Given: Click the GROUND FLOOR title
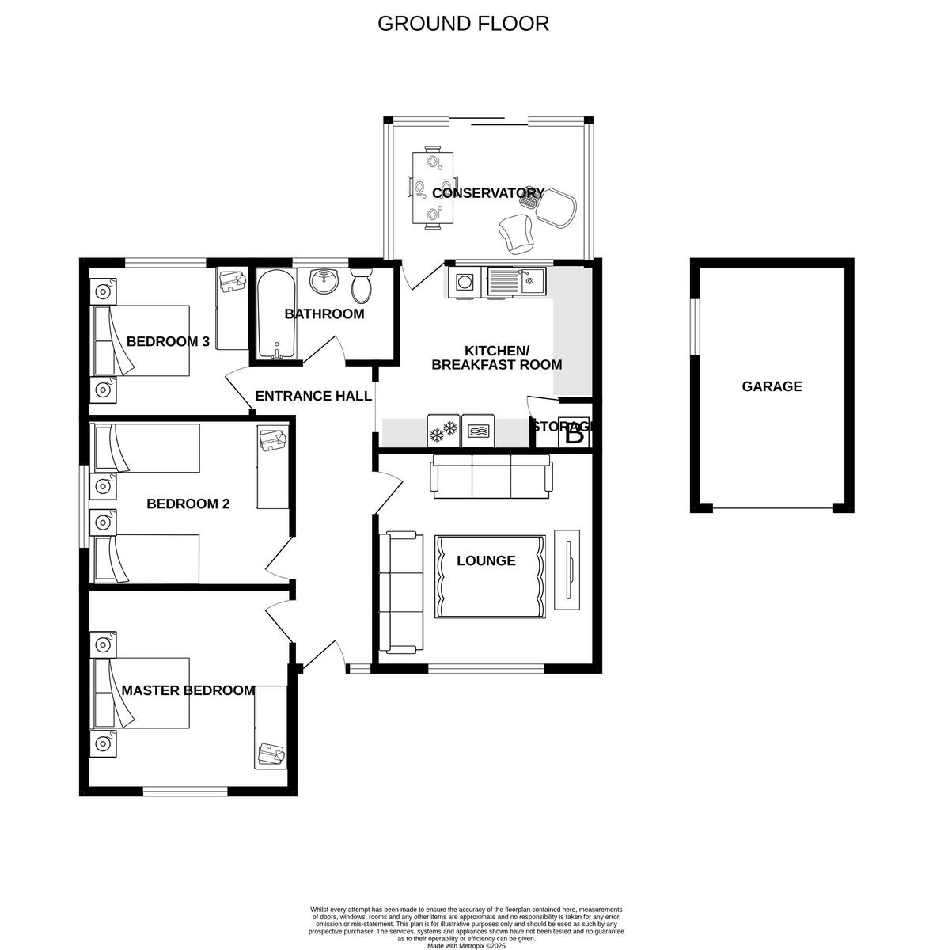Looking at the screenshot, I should [463, 23].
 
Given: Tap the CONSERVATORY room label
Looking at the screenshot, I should [487, 193].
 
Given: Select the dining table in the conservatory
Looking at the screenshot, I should [433, 188].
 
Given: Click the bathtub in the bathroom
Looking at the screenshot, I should [275, 315].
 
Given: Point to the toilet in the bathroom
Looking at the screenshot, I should [362, 284].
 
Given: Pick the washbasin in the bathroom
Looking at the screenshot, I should [323, 280].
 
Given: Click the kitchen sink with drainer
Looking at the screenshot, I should [515, 281].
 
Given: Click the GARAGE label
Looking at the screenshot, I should [772, 386].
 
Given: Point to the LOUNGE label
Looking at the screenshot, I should [486, 560].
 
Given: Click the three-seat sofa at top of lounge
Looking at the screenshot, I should [491, 475].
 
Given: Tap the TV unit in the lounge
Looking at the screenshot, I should [568, 568].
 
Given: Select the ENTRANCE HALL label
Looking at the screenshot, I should [313, 396].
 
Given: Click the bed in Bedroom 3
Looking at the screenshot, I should [142, 340].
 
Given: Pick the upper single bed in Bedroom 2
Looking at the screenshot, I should [146, 448].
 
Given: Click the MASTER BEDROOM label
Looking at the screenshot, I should [188, 690].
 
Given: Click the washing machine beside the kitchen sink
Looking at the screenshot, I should [465, 282].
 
